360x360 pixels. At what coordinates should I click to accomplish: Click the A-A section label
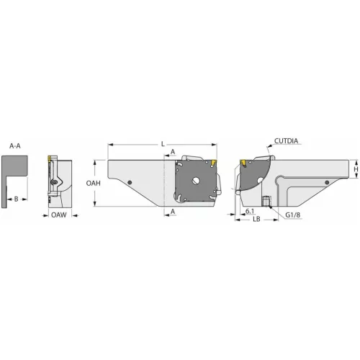tap(14, 145)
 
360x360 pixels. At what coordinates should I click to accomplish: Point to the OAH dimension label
tap(94, 184)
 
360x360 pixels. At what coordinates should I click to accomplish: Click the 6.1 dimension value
tap(248, 211)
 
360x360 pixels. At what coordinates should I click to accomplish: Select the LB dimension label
tap(256, 219)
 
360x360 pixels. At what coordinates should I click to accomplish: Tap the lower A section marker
tap(174, 211)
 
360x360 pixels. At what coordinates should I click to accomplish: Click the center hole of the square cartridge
tap(195, 181)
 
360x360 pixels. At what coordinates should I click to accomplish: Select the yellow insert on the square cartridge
tap(213, 167)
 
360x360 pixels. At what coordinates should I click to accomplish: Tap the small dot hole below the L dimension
tap(129, 181)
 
